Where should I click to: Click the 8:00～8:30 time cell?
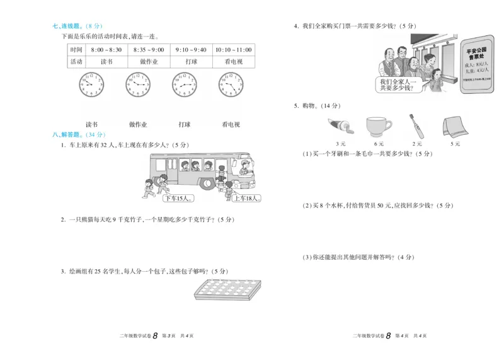click(x=106, y=50)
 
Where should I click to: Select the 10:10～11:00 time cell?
click(x=233, y=50)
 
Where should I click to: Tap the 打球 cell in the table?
click(x=192, y=62)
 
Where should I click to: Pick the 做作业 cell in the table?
click(x=149, y=62)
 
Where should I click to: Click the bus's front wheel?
click(x=208, y=183)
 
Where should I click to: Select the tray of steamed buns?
click(x=225, y=291)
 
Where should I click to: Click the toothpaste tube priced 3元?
click(x=341, y=125)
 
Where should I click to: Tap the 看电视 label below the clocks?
click(x=231, y=124)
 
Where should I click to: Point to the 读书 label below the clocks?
click(x=92, y=124)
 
